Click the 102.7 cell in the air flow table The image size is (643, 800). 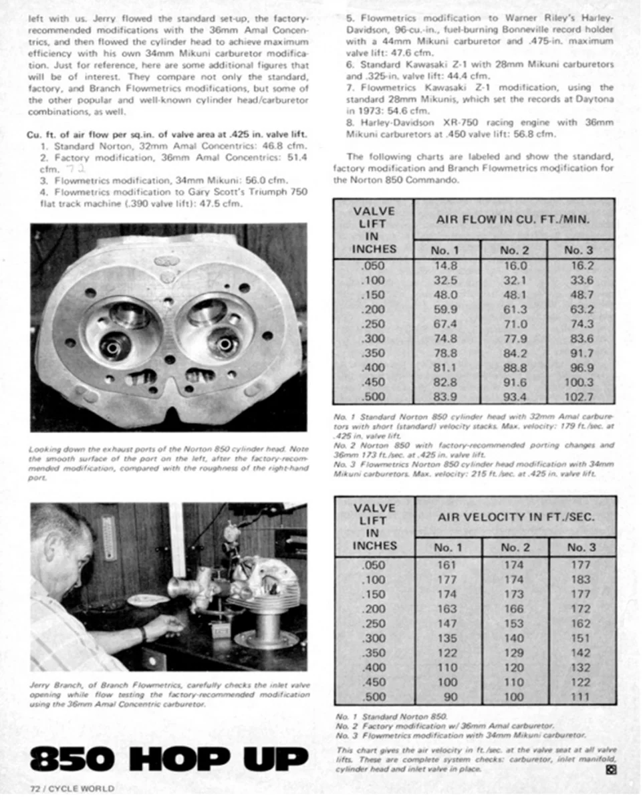579,396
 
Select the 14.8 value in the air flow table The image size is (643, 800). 446,265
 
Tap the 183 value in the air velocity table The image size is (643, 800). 580,579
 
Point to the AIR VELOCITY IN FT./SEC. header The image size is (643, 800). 515,517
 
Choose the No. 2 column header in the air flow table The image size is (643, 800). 513,251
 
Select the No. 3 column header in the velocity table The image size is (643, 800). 580,547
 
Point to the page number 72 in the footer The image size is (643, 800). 37,789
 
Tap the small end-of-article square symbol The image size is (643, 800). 610,769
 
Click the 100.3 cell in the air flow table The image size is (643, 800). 579,382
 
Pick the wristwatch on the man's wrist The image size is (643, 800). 143,632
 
